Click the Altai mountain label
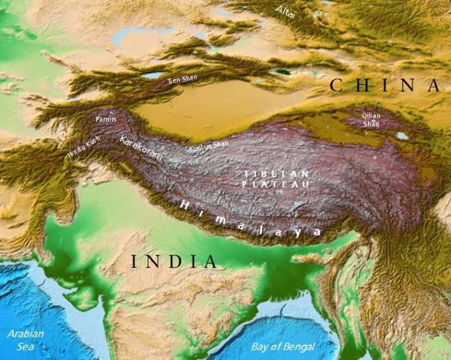285,12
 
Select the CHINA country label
384,85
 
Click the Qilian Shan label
371,120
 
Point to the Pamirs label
106,120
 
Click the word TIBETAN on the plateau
276,174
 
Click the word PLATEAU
276,185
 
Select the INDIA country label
174,262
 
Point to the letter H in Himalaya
184,204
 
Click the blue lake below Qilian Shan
402,136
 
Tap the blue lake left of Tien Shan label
153,76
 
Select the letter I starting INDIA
134,262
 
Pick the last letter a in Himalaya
316,231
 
